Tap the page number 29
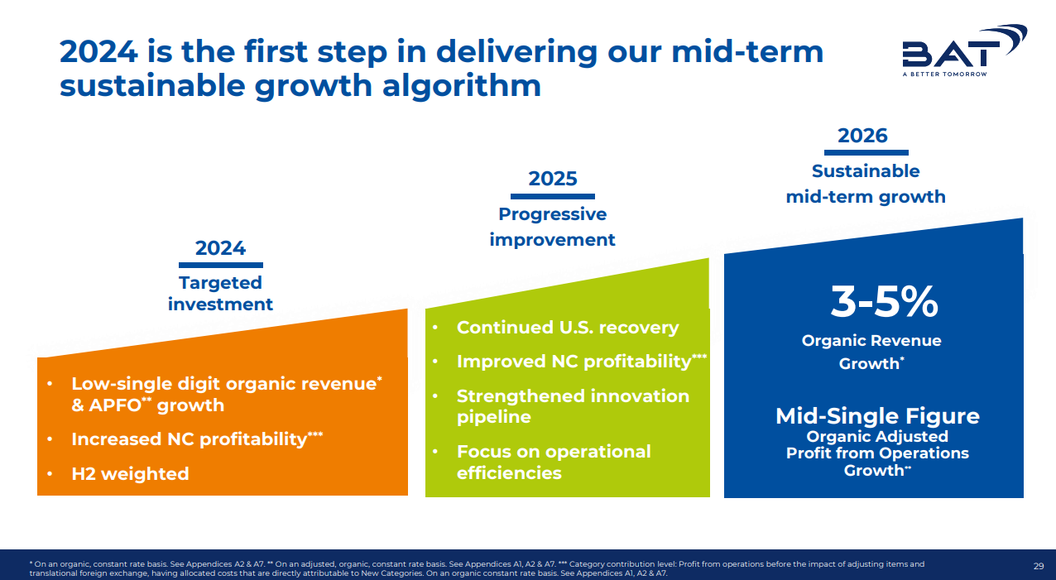pyautogui.click(x=1039, y=566)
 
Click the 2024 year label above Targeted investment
pyautogui.click(x=221, y=248)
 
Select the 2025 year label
pyautogui.click(x=553, y=179)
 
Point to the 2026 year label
pyautogui.click(x=862, y=136)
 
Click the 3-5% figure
pyautogui.click(x=884, y=301)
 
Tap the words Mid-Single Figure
pyautogui.click(x=877, y=416)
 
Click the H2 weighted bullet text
pyautogui.click(x=130, y=474)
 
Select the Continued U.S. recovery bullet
pyautogui.click(x=568, y=328)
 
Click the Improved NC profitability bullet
pyautogui.click(x=582, y=362)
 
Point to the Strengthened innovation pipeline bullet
pyautogui.click(x=573, y=406)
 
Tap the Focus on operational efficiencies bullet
pyautogui.click(x=554, y=463)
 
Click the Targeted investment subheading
pyautogui.click(x=221, y=294)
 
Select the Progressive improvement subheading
pyautogui.click(x=552, y=227)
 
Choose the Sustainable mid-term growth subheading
pyautogui.click(x=866, y=184)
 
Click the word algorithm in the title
pyautogui.click(x=462, y=86)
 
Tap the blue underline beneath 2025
pyautogui.click(x=553, y=196)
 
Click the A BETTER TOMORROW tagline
pyautogui.click(x=944, y=74)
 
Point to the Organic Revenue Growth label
pyautogui.click(x=871, y=352)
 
